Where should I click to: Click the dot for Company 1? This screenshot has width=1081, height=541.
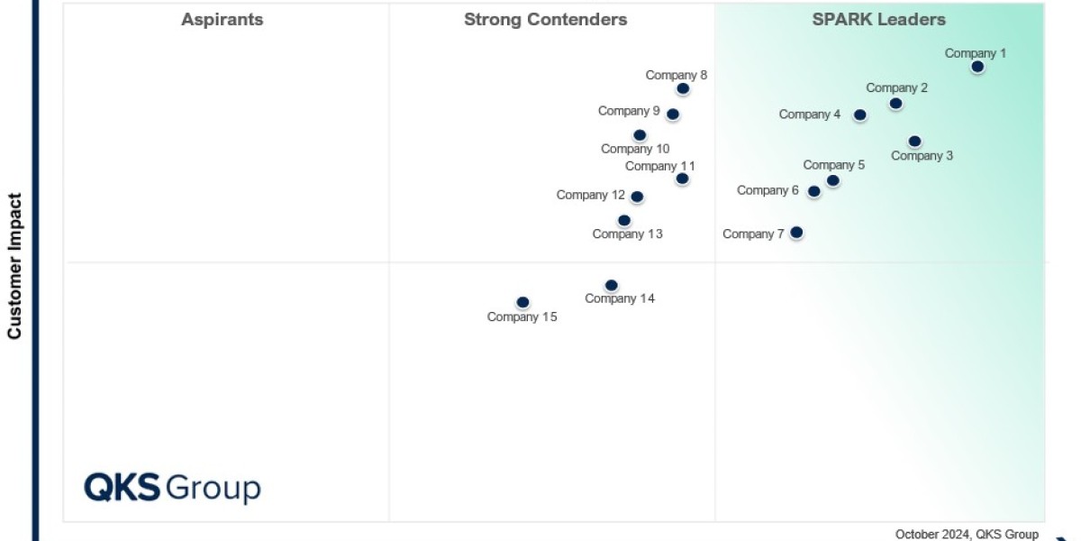977,67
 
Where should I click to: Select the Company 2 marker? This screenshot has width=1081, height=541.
895,104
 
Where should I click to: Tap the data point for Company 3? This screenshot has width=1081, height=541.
914,142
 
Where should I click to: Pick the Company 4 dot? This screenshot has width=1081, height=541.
860,115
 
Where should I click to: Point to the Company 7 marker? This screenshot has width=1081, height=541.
796,233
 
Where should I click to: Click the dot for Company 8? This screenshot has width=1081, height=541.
683,88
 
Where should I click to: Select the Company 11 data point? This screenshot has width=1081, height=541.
682,179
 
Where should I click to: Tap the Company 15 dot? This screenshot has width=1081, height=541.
522,302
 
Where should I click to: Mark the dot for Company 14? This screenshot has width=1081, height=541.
611,286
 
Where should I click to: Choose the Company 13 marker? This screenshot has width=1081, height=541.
624,221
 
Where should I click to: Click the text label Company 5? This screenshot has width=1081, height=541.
833,165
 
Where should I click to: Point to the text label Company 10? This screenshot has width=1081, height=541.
635,149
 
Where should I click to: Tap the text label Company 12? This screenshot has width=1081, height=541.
590,195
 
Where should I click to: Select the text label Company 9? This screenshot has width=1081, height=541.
629,111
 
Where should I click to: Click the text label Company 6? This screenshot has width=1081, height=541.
768,190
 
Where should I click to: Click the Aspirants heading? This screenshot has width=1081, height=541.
223,20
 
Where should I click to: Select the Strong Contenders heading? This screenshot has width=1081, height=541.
545,20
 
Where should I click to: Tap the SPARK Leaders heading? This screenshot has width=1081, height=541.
878,20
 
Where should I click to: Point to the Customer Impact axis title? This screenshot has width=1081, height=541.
14,265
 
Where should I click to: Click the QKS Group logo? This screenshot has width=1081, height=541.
172,488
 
